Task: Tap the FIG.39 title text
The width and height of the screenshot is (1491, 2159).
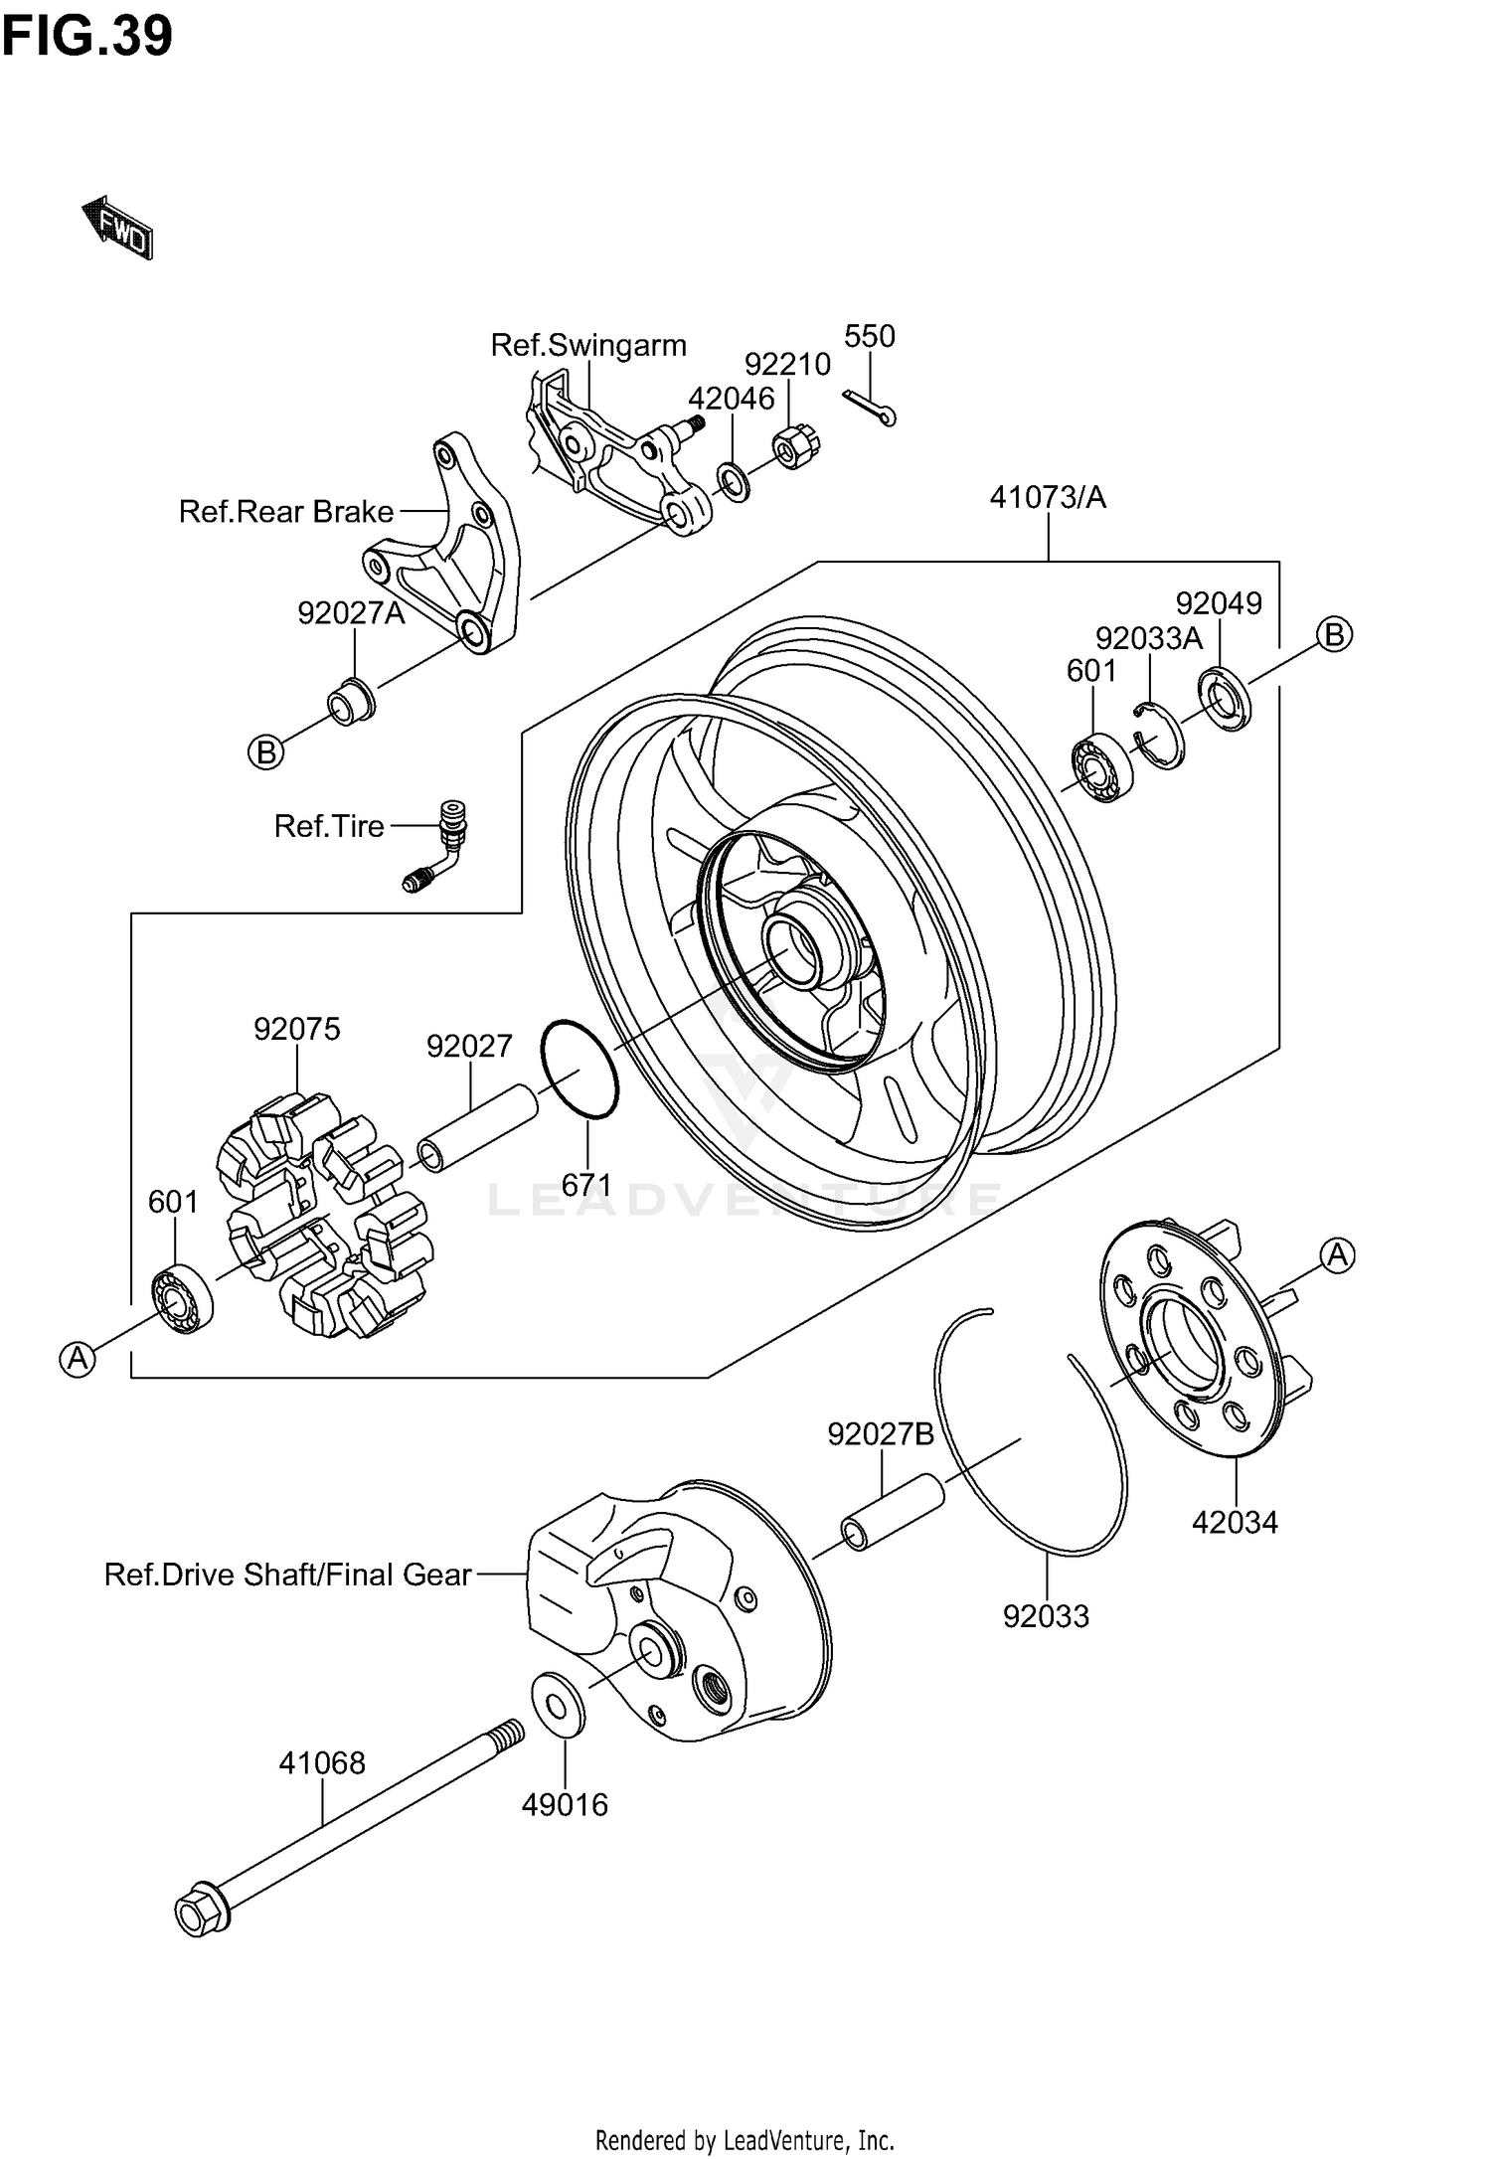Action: coord(87,36)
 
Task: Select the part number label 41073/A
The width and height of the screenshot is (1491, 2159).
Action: coord(1048,497)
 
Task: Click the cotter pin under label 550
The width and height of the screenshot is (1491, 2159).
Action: coord(871,407)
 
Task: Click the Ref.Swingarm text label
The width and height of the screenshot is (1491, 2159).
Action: coord(588,345)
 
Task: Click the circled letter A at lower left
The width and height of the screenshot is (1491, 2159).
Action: coord(78,1358)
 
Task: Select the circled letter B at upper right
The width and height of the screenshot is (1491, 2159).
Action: coord(1335,634)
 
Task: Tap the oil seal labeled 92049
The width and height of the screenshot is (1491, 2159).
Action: coord(1224,702)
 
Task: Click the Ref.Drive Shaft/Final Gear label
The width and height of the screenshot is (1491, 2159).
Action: coord(288,1575)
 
